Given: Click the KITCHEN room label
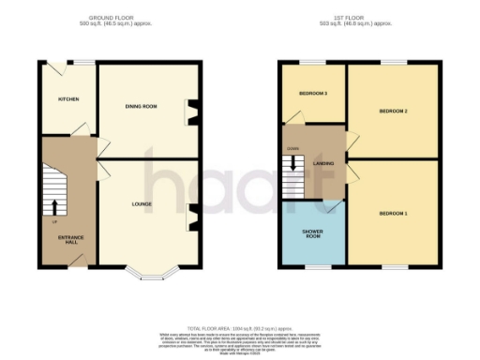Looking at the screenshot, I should click(x=68, y=98).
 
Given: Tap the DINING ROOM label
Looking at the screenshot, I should click(x=141, y=107).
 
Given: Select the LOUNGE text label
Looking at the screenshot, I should click(x=142, y=203).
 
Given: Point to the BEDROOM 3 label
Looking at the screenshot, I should click(x=313, y=94).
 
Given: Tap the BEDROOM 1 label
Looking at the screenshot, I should click(x=392, y=214).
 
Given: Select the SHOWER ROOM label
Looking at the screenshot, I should click(x=312, y=232).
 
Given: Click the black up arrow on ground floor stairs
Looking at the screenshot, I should click(x=54, y=206).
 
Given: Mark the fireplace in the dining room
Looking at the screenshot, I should click(x=193, y=112).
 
